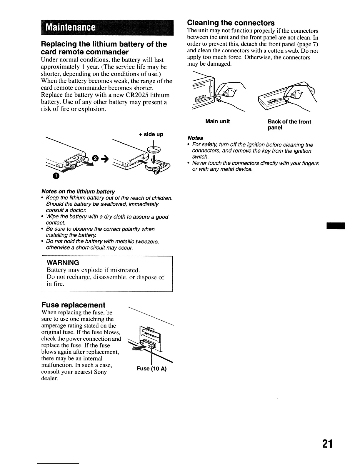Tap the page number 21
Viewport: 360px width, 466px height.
click(x=327, y=444)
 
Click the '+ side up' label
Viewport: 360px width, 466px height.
click(x=151, y=134)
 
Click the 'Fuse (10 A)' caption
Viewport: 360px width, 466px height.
click(x=151, y=369)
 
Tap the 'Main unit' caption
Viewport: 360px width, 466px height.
click(x=217, y=122)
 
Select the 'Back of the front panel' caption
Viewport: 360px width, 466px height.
click(x=289, y=124)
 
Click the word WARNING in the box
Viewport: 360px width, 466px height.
click(x=63, y=262)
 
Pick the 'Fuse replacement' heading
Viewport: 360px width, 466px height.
click(x=73, y=305)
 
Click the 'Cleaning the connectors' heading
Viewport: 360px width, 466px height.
click(x=231, y=23)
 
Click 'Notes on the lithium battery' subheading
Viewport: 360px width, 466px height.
click(x=78, y=192)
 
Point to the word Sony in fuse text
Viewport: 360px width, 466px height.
click(x=100, y=372)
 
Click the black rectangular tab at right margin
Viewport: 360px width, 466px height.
click(x=335, y=226)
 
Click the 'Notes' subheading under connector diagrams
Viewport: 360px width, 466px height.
click(x=195, y=138)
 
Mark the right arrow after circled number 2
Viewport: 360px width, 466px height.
click(x=104, y=159)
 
